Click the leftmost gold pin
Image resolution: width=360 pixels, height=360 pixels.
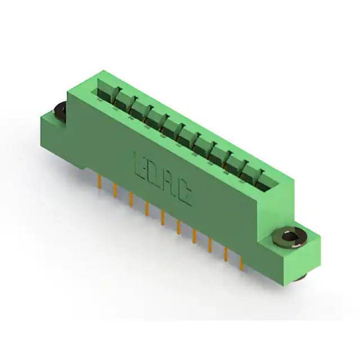click(99, 181)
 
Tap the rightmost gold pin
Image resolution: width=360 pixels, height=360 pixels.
click(241, 263)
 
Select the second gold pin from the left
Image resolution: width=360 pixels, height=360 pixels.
click(115, 190)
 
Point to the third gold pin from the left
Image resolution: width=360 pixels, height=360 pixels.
click(131, 200)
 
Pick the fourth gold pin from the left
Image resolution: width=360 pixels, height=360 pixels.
click(147, 209)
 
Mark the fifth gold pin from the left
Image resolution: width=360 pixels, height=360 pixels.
click(163, 218)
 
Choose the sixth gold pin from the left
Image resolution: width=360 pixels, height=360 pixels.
click(178, 227)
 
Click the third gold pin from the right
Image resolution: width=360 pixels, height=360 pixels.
click(210, 245)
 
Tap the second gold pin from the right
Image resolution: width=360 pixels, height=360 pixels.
click(226, 254)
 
